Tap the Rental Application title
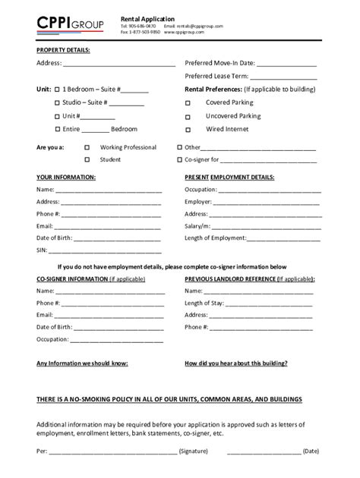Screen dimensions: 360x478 [x=147, y=18]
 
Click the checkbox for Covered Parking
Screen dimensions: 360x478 [x=188, y=103]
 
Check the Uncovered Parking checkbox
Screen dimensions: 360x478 [x=188, y=117]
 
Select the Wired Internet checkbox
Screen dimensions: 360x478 [x=188, y=131]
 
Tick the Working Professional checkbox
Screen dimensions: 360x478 [x=87, y=147]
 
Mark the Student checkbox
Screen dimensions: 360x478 [x=87, y=160]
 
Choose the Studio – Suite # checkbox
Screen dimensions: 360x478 [x=57, y=102]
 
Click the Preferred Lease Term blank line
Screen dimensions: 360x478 [x=289, y=78]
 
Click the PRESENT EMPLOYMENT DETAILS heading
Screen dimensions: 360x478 [x=229, y=177]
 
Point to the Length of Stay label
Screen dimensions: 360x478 [x=206, y=302]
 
